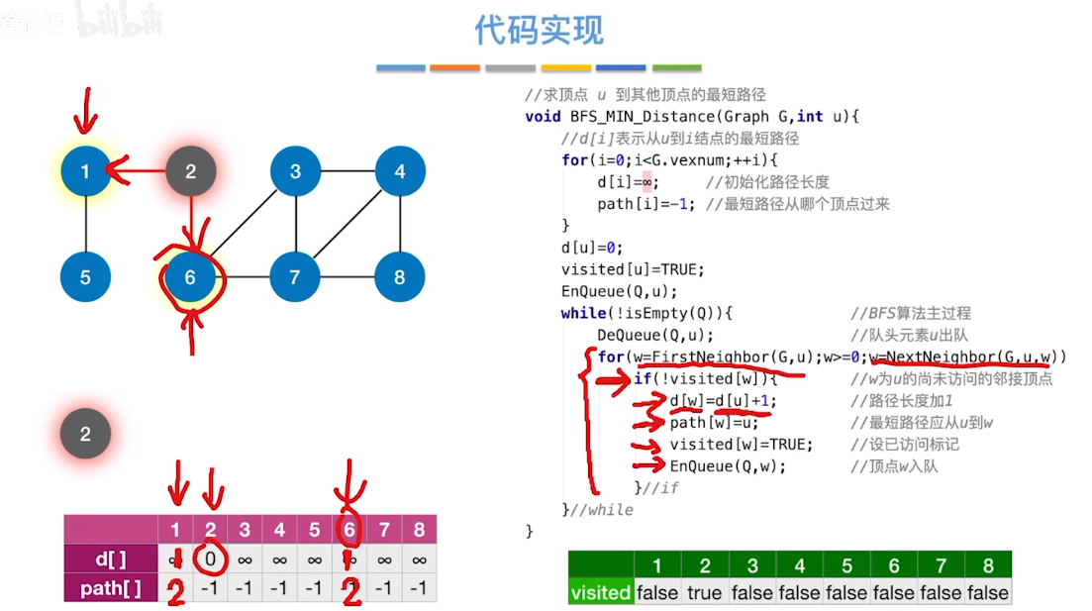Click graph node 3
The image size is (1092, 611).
point(295,171)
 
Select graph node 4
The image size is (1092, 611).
point(400,171)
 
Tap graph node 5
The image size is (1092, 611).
point(85,277)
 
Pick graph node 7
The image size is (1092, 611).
point(295,277)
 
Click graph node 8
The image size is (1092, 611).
point(400,277)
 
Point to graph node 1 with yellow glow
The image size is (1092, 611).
point(85,171)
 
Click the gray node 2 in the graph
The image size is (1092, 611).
point(190,171)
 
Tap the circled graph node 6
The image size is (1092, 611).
point(190,277)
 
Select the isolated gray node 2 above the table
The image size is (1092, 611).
point(85,434)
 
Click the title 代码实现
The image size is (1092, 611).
point(539,31)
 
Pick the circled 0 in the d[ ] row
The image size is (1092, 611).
point(210,559)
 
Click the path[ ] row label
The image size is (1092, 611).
point(110,588)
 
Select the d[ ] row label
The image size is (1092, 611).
point(110,559)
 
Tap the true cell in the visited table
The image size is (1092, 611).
point(705,592)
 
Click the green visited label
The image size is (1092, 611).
point(600,592)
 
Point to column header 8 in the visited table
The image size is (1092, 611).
point(987,565)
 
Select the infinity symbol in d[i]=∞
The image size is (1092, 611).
point(645,182)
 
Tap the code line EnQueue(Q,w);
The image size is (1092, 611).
point(728,465)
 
